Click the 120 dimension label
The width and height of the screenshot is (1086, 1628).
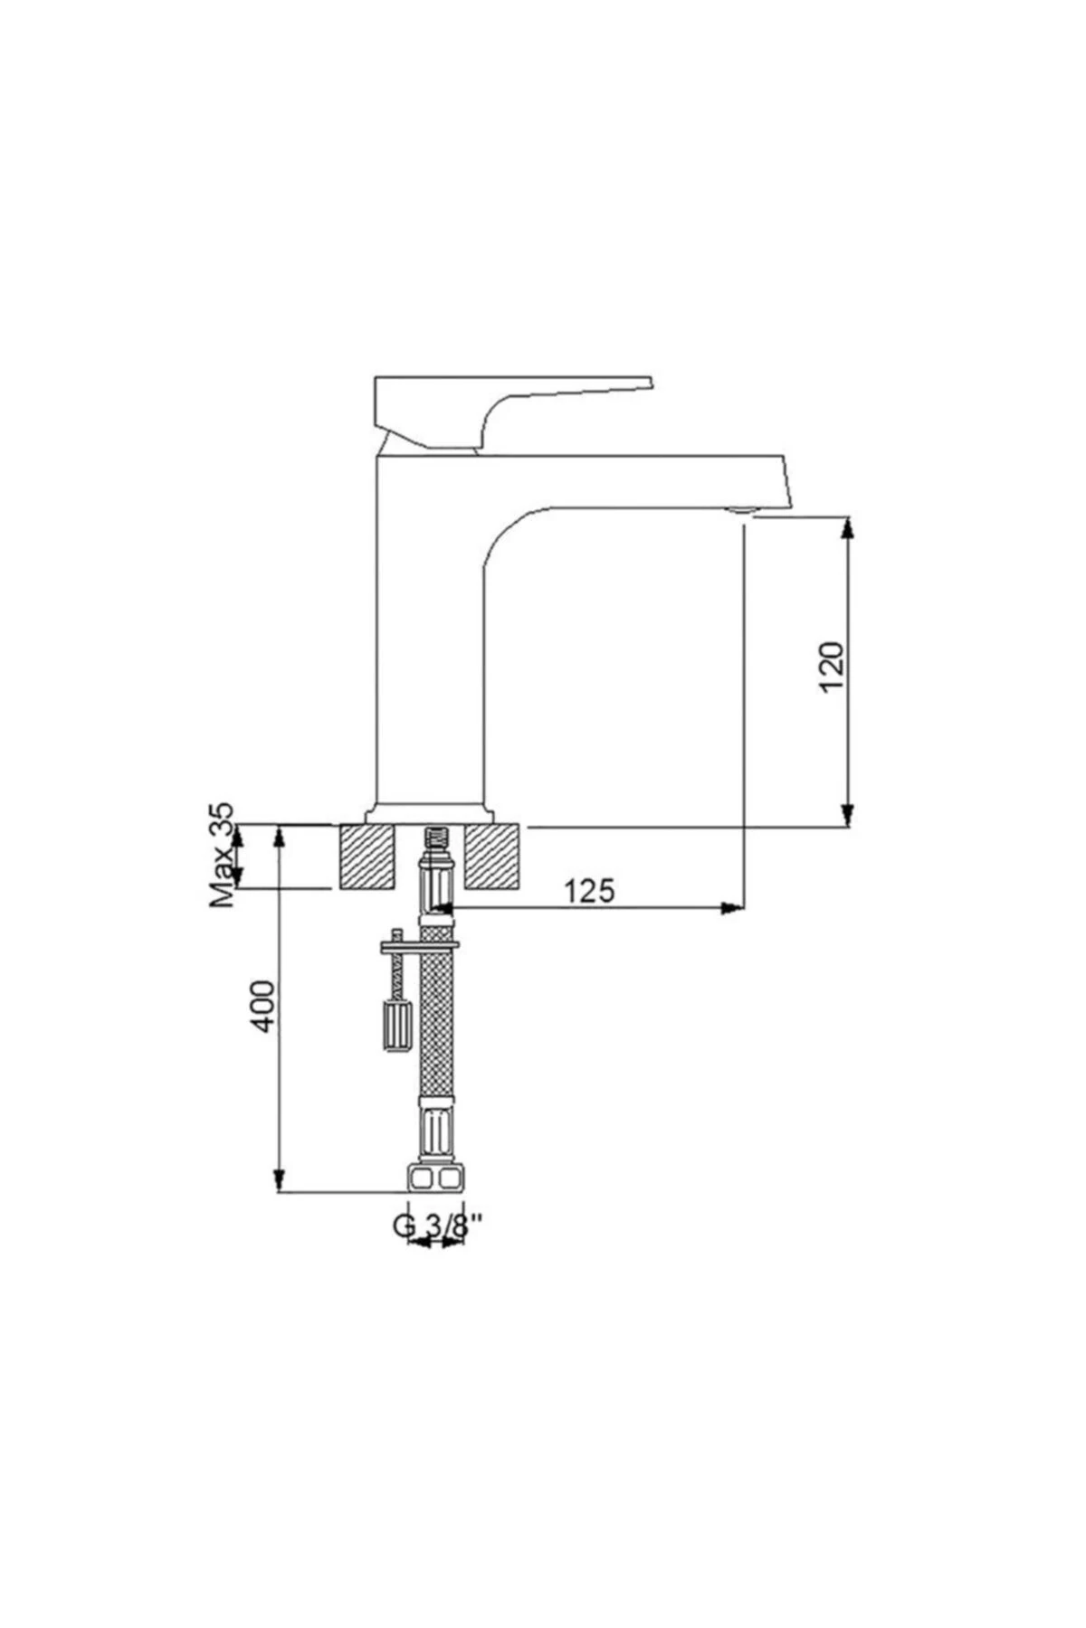click(x=832, y=667)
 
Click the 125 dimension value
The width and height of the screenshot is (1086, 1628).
click(x=589, y=891)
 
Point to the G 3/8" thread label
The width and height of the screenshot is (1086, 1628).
click(x=437, y=1226)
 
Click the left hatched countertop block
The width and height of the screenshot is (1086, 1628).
click(x=368, y=857)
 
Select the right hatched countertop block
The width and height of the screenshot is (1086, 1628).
click(x=494, y=857)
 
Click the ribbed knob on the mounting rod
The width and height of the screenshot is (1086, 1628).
click(x=396, y=1025)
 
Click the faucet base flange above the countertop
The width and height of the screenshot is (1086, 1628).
click(x=431, y=813)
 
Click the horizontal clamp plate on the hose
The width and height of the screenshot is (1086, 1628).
click(x=421, y=945)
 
